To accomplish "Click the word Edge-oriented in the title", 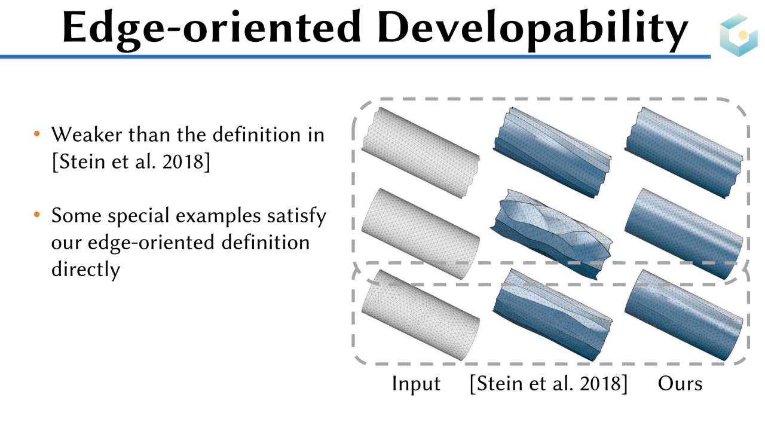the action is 212,29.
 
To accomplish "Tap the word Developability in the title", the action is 533,30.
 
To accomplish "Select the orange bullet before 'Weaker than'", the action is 37,133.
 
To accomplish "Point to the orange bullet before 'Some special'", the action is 37,215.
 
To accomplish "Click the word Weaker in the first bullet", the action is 87,134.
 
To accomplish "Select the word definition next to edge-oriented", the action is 265,243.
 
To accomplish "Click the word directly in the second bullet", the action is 85,270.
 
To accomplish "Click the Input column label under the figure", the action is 416,384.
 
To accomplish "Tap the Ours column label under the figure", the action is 680,384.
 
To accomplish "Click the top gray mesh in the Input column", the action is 421,152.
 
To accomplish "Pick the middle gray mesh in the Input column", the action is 421,234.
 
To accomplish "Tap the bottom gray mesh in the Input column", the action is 421,315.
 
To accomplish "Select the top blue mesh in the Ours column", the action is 684,152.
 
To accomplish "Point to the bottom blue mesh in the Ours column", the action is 684,315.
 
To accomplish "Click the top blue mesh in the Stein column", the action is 552,152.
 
